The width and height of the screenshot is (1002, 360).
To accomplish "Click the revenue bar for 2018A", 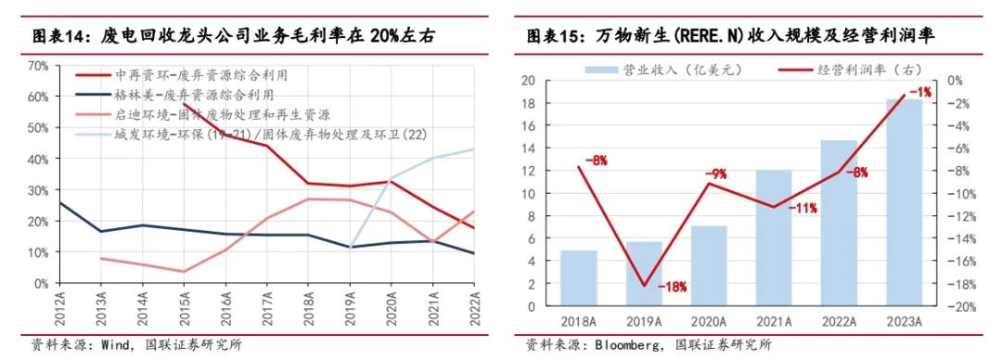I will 577,278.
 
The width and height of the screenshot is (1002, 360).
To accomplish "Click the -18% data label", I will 672,288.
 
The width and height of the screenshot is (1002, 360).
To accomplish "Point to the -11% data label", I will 802,208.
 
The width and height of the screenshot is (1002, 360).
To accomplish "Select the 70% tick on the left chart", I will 38,66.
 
